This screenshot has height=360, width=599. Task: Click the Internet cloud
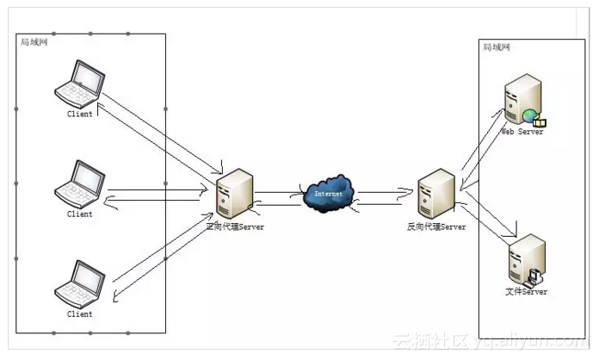329,193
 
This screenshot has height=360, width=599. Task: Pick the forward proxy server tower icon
234,194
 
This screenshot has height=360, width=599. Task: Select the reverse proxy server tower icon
430,194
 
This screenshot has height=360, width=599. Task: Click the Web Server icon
523,100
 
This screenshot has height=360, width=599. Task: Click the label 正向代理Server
235,227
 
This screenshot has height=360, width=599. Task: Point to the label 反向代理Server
436,227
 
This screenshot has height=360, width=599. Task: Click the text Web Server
522,133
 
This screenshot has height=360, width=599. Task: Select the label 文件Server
526,292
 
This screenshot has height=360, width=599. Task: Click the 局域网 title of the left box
34,41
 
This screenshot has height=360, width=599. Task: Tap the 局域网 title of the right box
497,47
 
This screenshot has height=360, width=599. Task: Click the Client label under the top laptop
80,114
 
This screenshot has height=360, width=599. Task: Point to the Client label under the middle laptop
80,214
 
